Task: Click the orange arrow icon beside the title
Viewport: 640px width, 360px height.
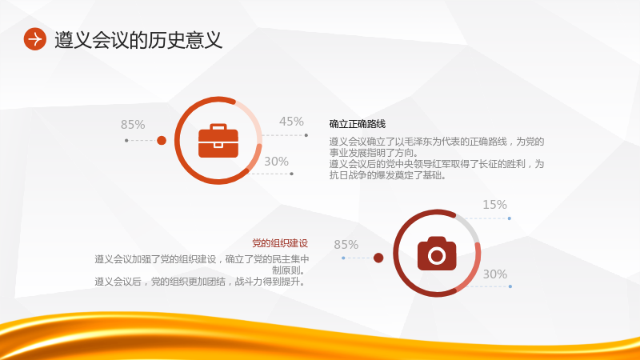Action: coord(34,39)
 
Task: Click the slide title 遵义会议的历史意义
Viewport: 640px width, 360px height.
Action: coord(138,40)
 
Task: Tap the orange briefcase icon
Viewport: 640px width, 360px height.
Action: coord(218,141)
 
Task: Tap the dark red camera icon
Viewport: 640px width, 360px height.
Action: coord(437,253)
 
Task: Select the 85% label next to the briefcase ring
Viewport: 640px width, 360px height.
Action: coord(133,125)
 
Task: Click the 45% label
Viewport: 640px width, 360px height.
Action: coord(291,122)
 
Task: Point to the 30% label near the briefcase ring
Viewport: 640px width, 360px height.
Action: coord(276,162)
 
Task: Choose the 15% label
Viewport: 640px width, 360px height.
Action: coord(494,205)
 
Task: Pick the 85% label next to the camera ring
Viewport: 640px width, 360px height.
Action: coord(346,245)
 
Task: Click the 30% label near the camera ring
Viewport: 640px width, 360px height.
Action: coord(495,274)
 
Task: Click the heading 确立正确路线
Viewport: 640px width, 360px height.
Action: coord(357,124)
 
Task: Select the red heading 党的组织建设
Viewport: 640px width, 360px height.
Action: coord(279,243)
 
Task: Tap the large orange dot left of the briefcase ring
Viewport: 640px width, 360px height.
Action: coord(162,141)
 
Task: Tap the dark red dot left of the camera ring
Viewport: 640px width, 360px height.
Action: coord(378,258)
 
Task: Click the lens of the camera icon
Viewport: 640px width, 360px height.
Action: coord(437,255)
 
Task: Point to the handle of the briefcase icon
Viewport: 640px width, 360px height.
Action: coord(218,126)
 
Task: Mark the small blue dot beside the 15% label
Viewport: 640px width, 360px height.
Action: coord(510,218)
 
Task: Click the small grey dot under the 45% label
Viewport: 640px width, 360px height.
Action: coord(306,135)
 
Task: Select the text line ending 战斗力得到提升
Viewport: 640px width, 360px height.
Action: coord(200,282)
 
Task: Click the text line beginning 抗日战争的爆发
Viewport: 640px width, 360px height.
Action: coord(388,175)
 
